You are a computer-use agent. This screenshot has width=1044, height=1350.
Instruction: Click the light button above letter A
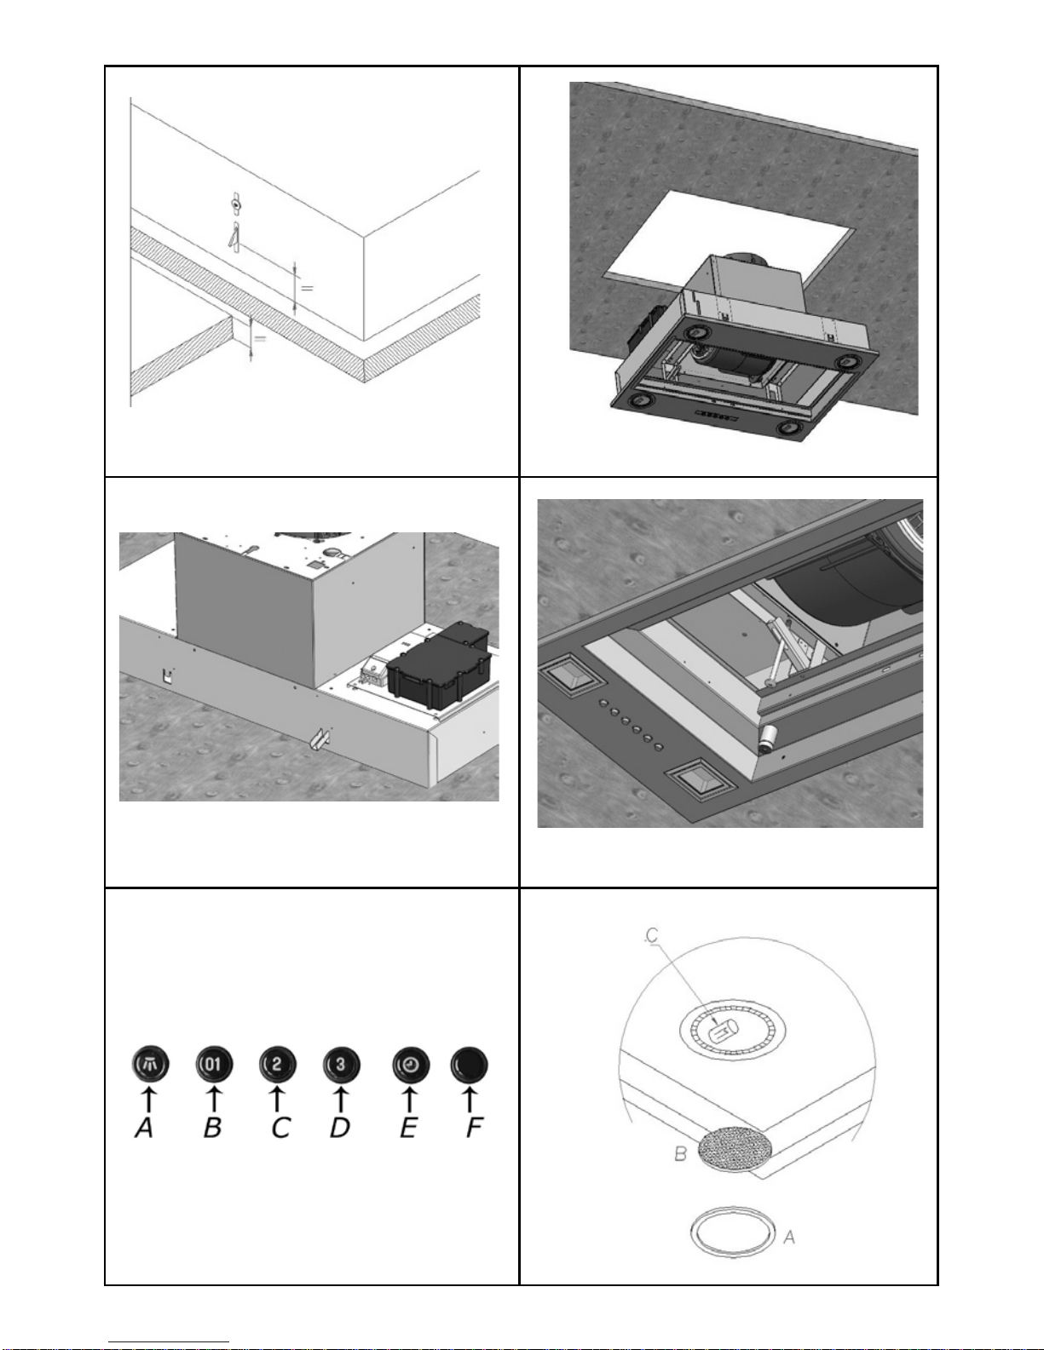(x=151, y=1064)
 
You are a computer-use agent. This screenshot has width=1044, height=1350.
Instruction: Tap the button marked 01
(x=214, y=1064)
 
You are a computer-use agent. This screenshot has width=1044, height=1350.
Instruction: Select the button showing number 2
(x=278, y=1064)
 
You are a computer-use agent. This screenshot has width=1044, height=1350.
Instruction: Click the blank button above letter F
(x=469, y=1065)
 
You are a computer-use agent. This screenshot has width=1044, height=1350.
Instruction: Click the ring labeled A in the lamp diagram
(x=732, y=1231)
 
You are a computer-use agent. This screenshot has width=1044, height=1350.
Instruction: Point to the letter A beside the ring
(x=788, y=1236)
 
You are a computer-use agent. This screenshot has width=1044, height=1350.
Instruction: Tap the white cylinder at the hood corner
(x=770, y=735)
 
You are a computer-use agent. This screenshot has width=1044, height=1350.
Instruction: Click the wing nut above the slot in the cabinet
(x=235, y=204)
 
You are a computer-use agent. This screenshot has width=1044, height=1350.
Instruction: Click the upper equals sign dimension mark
(x=307, y=288)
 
